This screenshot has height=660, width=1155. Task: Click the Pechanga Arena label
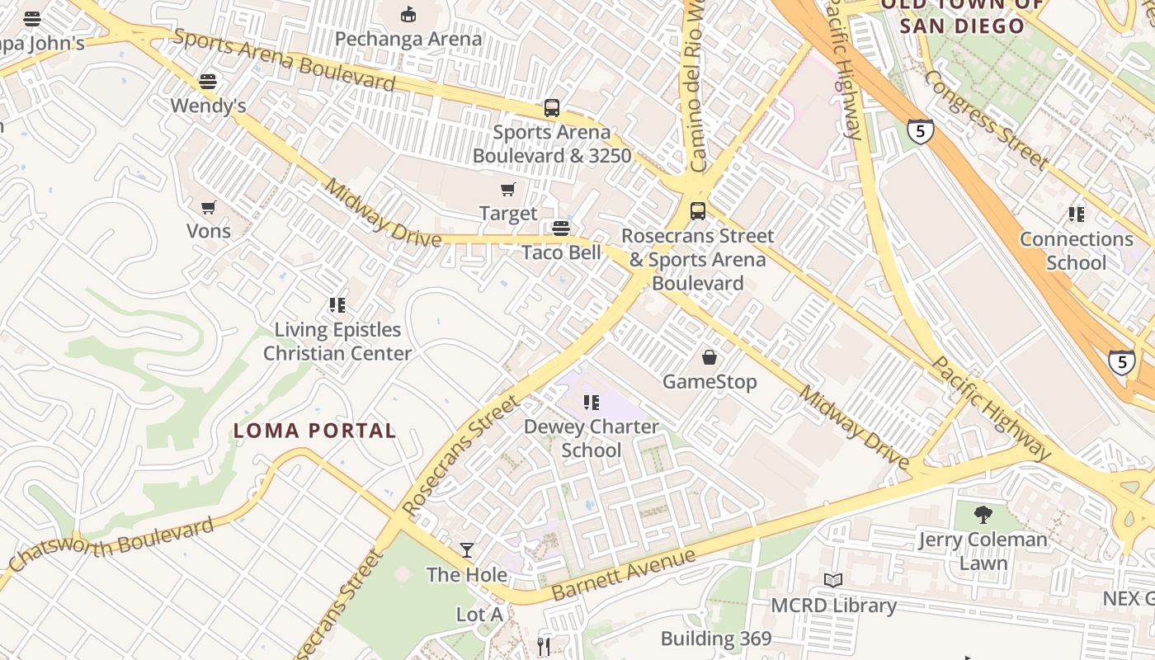tap(408, 39)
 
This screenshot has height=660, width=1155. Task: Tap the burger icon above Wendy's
tap(208, 82)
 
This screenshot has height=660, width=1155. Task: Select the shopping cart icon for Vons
tap(209, 207)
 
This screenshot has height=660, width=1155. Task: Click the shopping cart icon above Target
tap(508, 190)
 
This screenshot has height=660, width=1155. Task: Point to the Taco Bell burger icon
tap(561, 229)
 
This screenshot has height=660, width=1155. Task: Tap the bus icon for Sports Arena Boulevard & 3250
tap(551, 108)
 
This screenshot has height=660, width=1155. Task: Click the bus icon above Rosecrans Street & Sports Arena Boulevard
tap(698, 211)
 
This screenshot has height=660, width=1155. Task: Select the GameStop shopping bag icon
tap(709, 357)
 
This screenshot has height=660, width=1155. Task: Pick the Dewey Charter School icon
tap(591, 403)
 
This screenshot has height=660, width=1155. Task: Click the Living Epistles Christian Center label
tap(337, 342)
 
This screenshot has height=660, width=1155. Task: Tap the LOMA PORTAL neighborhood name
tap(314, 430)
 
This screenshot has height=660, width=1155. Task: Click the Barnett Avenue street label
tap(624, 575)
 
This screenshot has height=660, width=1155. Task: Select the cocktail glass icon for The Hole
tap(467, 550)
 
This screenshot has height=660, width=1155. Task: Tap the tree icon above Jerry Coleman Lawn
tap(983, 516)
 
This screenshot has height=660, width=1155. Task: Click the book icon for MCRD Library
tap(833, 581)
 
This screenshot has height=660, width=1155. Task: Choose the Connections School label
tap(1077, 251)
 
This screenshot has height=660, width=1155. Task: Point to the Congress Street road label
tap(986, 120)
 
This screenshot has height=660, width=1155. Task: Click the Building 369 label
tap(716, 639)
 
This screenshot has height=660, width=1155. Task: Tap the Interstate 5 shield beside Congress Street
tap(920, 131)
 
